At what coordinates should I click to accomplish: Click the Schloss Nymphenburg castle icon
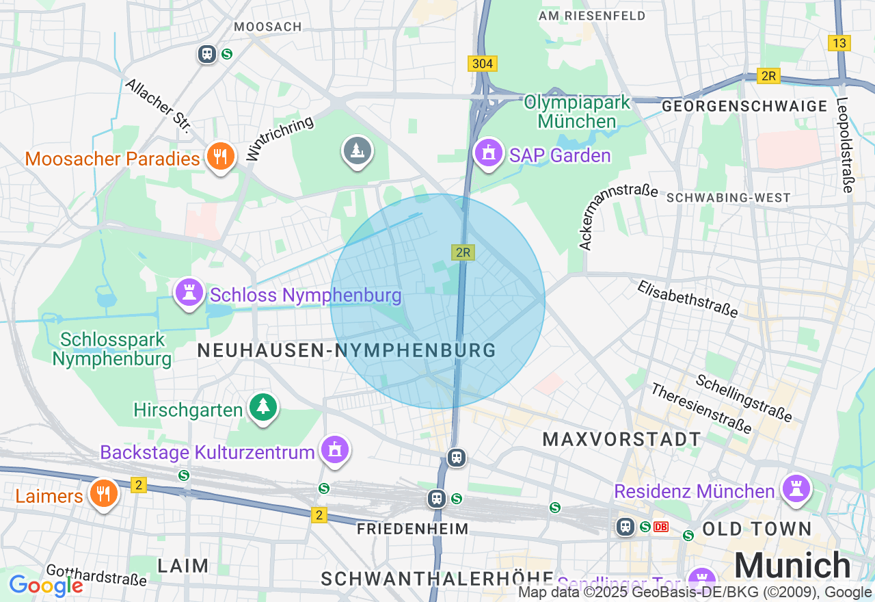coord(189,293)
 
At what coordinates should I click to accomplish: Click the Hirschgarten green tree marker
coord(263,408)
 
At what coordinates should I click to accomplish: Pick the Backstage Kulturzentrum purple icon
coord(334,450)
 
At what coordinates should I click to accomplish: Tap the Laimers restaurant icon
coord(103,493)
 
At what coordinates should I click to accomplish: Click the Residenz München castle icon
coord(796,489)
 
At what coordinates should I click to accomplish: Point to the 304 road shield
coord(483,64)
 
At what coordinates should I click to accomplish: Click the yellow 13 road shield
coord(839,43)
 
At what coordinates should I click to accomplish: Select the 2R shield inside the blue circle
coord(463,252)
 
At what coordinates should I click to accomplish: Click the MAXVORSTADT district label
coord(622,439)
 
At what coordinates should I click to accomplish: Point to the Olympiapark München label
coord(577,112)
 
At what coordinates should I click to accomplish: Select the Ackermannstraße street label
coord(618,216)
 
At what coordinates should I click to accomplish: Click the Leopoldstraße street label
coord(845,146)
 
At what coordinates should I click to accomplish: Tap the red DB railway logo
coord(660,527)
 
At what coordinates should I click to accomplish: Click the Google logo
coord(46,586)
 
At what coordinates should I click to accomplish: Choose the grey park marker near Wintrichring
coord(356,150)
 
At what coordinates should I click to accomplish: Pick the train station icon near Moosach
coord(207,53)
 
